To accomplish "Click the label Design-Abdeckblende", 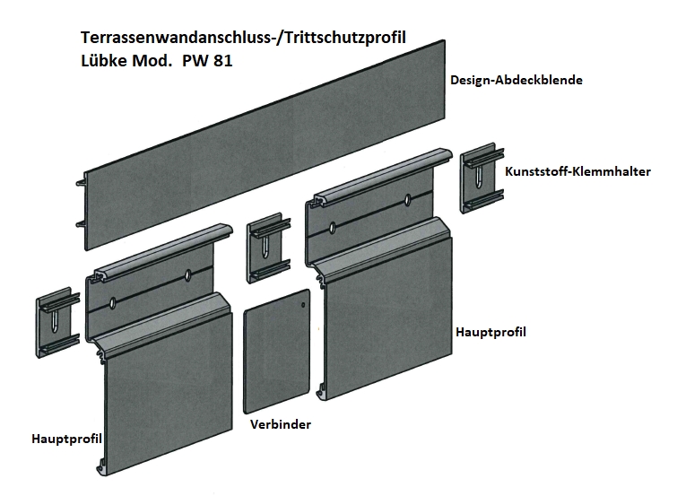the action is click(x=516, y=80).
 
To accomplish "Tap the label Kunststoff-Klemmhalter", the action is click(x=577, y=171).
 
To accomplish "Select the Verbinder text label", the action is click(x=281, y=424).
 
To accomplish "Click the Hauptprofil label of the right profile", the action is click(x=490, y=332).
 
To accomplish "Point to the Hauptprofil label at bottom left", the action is click(x=66, y=439).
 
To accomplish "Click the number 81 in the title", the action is click(x=222, y=60).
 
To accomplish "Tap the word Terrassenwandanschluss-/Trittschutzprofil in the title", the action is click(x=243, y=38).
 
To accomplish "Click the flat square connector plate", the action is click(x=277, y=352).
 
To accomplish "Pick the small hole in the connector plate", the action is click(x=303, y=305).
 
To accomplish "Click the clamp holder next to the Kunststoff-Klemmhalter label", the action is click(x=482, y=178).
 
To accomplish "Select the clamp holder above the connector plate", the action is click(x=268, y=248).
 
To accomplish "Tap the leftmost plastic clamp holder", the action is click(x=57, y=322).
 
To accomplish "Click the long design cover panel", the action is click(x=265, y=145).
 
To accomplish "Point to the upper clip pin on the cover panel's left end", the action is click(x=80, y=184).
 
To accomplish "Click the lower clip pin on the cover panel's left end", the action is click(x=80, y=224).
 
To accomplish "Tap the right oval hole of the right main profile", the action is click(x=408, y=200).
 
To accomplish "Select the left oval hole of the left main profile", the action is click(x=113, y=303).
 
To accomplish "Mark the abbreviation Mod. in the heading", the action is click(x=152, y=60).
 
